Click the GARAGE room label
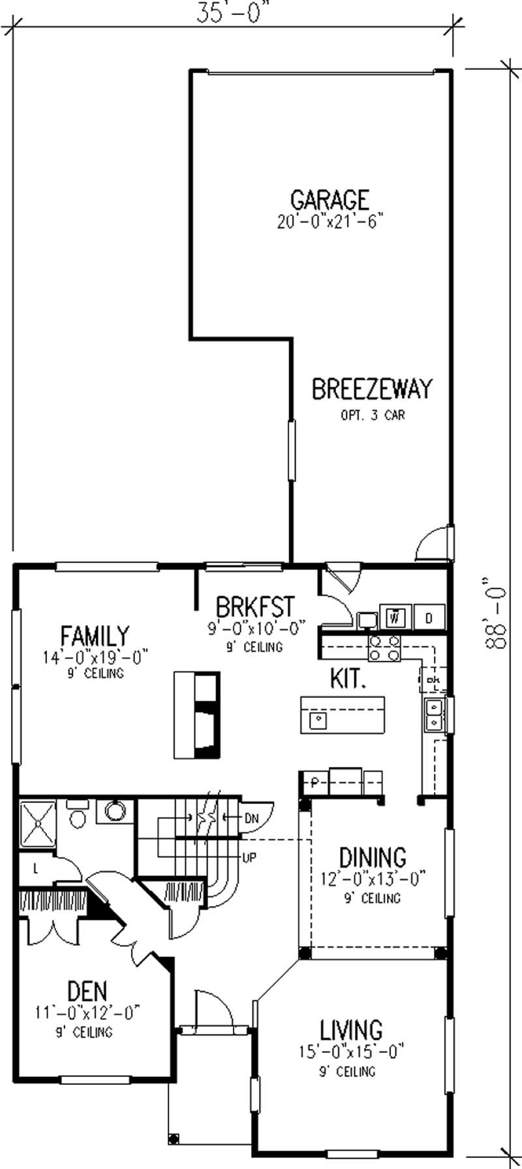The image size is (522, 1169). [x=330, y=199]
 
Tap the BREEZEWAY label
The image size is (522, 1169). [x=371, y=389]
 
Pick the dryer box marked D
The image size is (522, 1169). [x=429, y=616]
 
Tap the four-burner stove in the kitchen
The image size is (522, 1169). [x=385, y=649]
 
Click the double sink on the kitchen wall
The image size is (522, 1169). [x=434, y=714]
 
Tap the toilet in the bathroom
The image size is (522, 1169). [x=77, y=817]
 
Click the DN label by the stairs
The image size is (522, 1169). [x=252, y=817]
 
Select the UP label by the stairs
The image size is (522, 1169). [x=249, y=858]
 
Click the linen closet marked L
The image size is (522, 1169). [x=34, y=868]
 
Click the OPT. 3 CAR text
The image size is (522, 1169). [x=373, y=415]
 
